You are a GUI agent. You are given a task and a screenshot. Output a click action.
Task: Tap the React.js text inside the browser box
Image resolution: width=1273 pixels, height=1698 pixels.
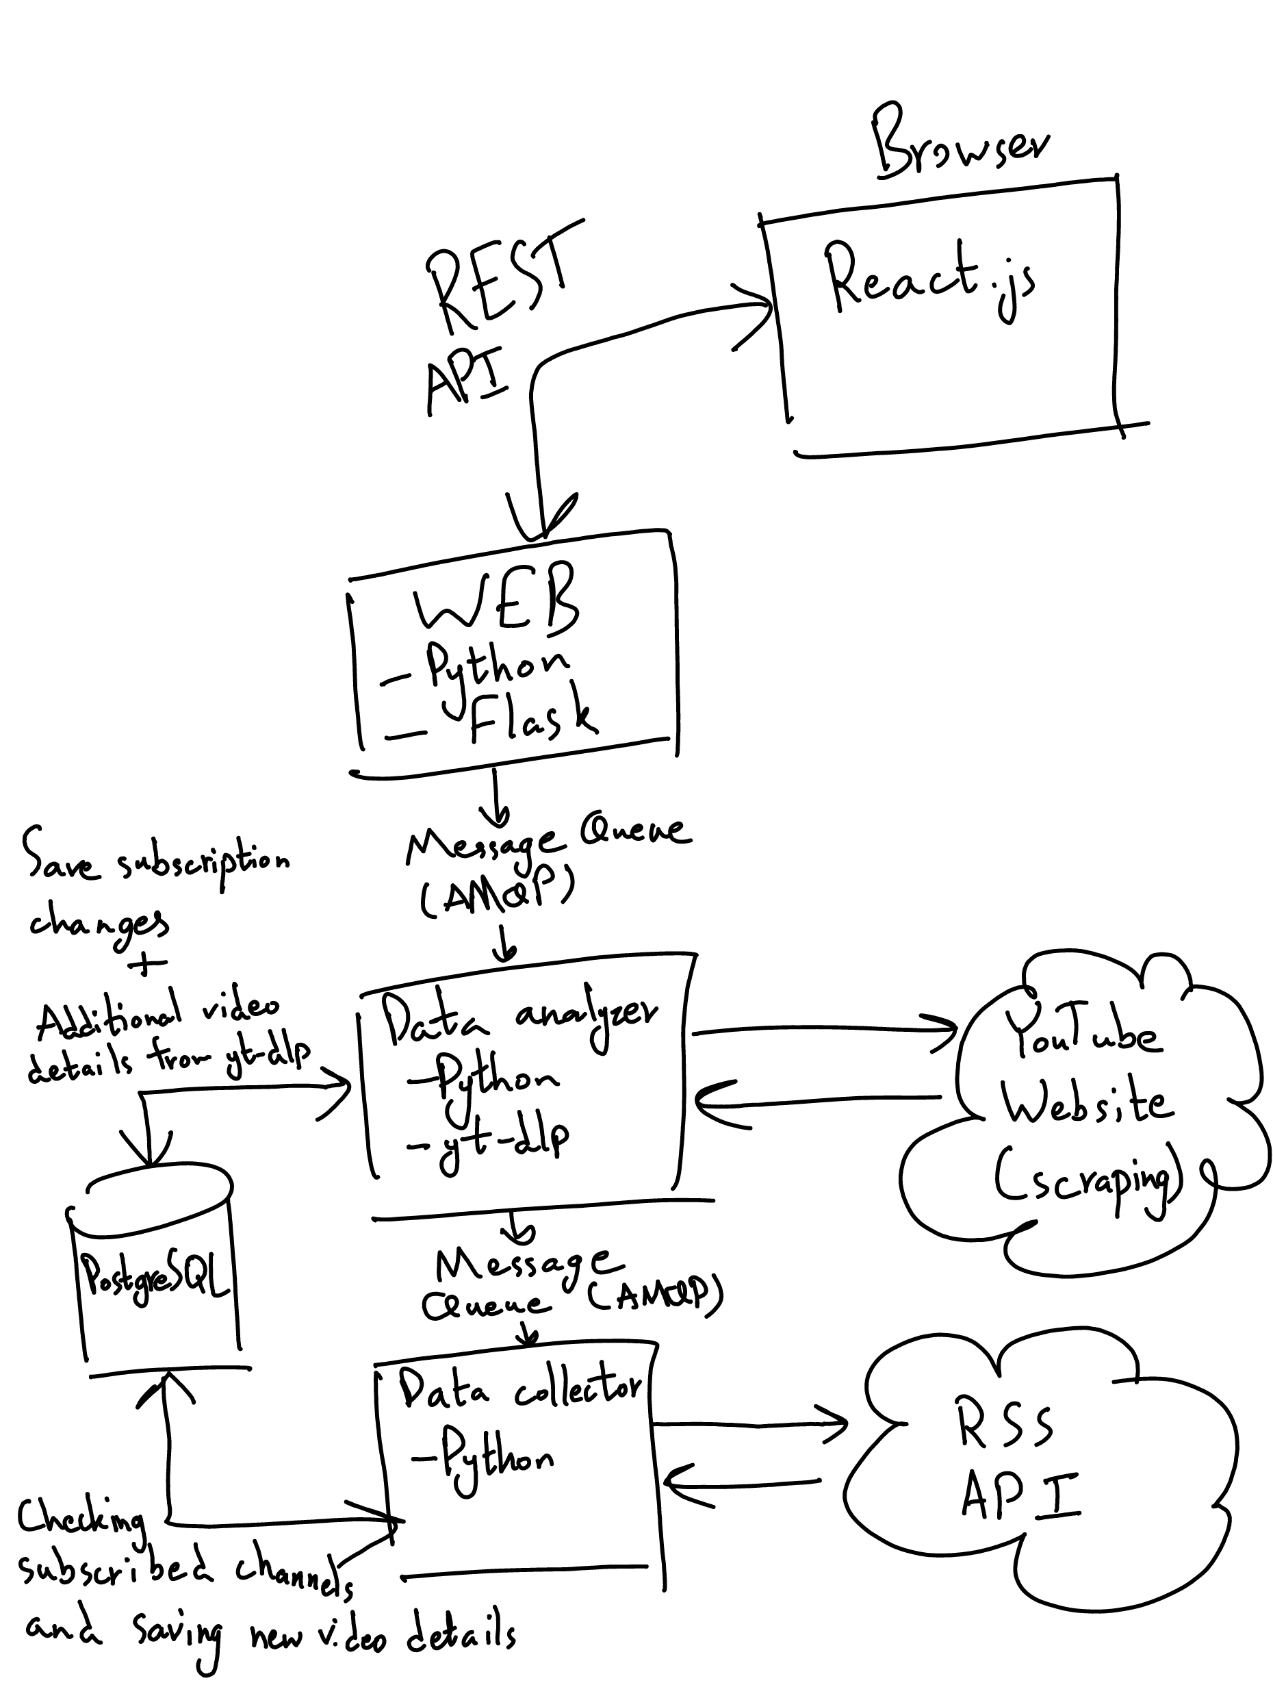click(929, 280)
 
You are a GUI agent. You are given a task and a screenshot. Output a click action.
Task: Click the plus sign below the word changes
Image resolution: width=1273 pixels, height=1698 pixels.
click(147, 963)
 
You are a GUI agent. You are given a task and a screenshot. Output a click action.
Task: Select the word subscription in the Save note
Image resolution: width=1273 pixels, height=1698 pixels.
click(203, 864)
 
